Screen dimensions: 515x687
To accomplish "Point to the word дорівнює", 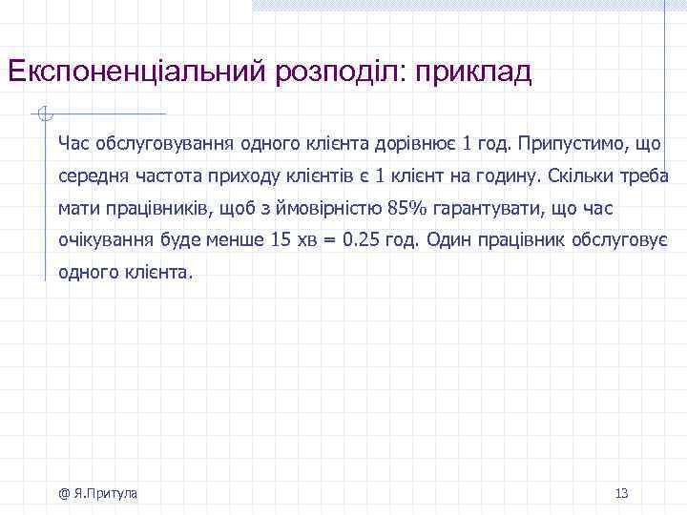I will pyautogui.click(x=419, y=144).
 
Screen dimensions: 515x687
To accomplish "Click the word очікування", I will pyautogui.click(x=102, y=240).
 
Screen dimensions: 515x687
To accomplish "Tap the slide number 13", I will pyautogui.click(x=621, y=493).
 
